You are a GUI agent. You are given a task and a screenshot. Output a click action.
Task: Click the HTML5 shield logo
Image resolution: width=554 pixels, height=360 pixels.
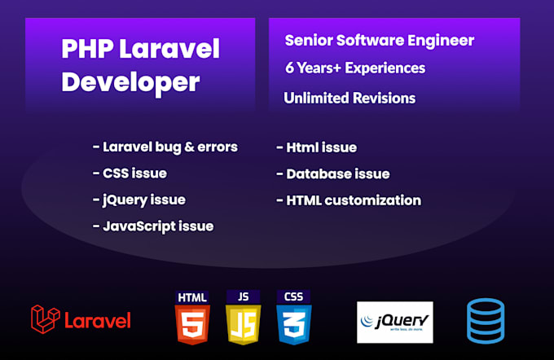(x=192, y=318)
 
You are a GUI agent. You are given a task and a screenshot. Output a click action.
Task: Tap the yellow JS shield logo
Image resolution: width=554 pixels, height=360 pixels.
(x=243, y=318)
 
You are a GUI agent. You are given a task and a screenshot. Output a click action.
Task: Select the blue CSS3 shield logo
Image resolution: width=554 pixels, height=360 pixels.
(x=293, y=318)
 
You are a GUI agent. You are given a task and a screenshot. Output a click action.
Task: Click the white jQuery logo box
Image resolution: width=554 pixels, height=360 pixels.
(x=394, y=323)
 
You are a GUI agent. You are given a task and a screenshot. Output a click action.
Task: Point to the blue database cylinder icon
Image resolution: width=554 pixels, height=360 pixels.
(x=486, y=321)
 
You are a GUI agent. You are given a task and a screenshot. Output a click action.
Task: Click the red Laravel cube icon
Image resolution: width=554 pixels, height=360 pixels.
(x=46, y=319)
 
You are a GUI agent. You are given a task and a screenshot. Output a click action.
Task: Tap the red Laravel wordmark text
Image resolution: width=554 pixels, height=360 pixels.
(x=98, y=320)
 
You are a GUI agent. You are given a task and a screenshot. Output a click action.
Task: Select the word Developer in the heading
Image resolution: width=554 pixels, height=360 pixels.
(x=130, y=83)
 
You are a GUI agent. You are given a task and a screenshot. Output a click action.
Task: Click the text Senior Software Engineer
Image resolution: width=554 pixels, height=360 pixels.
(x=380, y=40)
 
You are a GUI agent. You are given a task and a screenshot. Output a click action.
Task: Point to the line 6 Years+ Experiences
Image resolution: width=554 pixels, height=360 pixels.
(x=355, y=68)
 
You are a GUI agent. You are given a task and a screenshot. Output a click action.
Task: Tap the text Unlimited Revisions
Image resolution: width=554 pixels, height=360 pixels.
(x=350, y=99)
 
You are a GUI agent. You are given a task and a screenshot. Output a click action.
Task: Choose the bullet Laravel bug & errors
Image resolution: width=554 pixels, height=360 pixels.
(x=165, y=147)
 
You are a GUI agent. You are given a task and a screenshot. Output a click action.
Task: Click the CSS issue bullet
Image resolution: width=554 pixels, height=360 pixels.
(x=130, y=173)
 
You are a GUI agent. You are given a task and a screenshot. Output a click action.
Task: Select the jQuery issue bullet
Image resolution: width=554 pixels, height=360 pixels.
(x=138, y=200)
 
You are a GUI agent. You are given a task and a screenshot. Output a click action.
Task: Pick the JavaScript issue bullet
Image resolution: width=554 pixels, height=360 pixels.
(x=153, y=226)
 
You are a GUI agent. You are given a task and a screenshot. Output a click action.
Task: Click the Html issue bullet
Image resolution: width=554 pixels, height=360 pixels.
(x=317, y=147)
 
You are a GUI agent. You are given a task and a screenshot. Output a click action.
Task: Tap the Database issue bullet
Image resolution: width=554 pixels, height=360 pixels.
(x=333, y=173)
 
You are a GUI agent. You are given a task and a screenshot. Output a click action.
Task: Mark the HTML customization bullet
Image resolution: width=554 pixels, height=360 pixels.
(x=349, y=200)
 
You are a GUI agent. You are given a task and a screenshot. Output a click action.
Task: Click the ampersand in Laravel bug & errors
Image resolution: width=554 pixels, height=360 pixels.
(x=189, y=147)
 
